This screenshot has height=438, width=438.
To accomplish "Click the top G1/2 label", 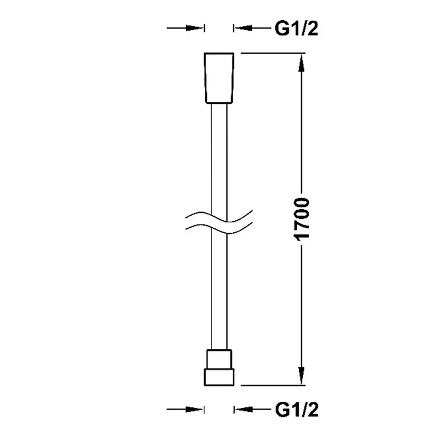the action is pyautogui.click(x=296, y=28).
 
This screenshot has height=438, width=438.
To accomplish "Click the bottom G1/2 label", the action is pyautogui.click(x=297, y=410).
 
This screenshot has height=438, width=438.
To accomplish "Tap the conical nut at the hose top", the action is pyautogui.click(x=219, y=78).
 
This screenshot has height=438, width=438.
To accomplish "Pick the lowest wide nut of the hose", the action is pyautogui.click(x=219, y=377).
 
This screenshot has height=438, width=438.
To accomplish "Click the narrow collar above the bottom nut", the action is pyautogui.click(x=220, y=359).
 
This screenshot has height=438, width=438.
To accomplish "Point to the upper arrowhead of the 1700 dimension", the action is pyautogui.click(x=301, y=63).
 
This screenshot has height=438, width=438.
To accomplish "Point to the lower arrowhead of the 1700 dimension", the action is pyautogui.click(x=301, y=376).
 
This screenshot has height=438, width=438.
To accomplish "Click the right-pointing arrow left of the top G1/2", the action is pyautogui.click(x=185, y=28).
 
